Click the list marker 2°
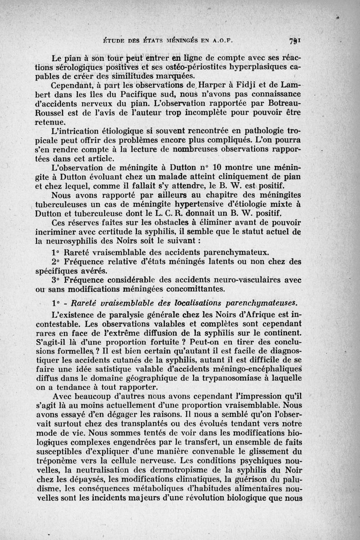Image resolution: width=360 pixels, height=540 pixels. [x=57, y=261]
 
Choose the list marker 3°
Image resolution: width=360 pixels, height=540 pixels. [x=57, y=280]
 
